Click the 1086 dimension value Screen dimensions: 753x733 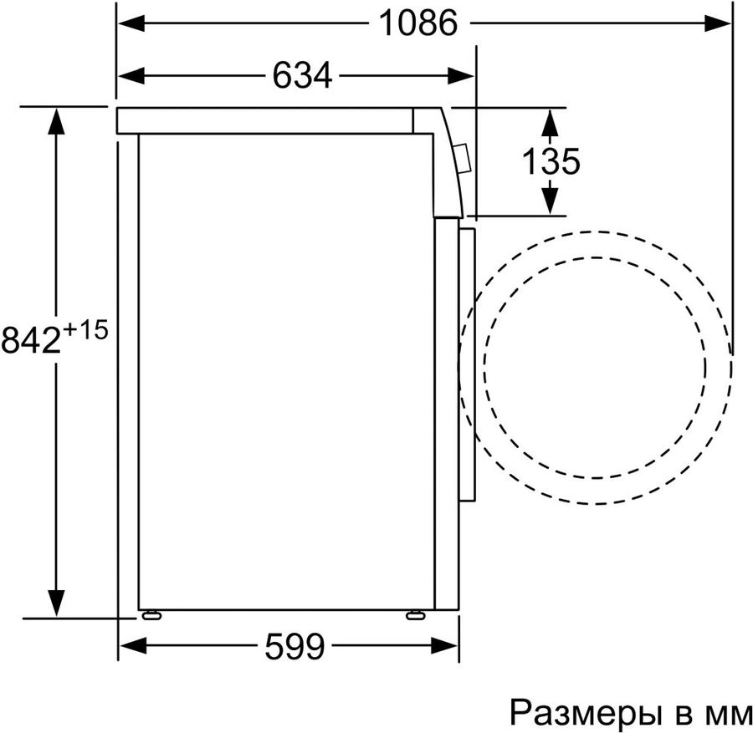point(418,23)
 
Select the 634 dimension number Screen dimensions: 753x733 point(302,75)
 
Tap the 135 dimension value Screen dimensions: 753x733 point(551,161)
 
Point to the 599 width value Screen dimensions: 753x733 point(295,646)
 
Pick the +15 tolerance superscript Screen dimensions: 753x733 point(85,330)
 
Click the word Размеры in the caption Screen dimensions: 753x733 point(583,712)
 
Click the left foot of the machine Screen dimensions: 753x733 point(151,614)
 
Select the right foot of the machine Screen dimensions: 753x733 point(416,614)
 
